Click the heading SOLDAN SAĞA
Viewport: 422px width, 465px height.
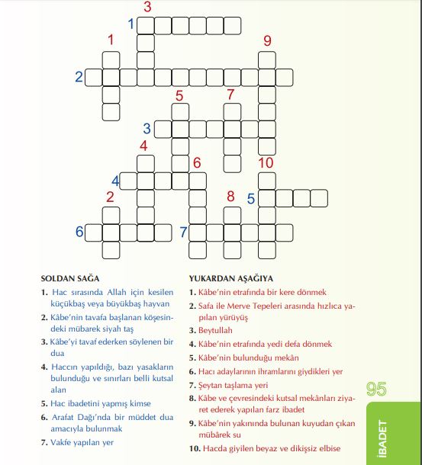tap(70, 279)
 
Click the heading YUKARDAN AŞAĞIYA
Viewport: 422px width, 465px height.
tap(230, 279)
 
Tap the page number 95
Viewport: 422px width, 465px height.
tap(377, 390)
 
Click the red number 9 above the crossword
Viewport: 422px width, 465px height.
tap(267, 40)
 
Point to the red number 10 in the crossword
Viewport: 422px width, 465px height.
tap(266, 162)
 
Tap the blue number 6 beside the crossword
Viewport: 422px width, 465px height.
tap(79, 232)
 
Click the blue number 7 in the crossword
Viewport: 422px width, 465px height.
tap(183, 232)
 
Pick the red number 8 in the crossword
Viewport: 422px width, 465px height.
tap(230, 196)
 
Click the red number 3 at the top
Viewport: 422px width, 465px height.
tap(147, 8)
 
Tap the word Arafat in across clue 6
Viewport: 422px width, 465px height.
tap(66, 417)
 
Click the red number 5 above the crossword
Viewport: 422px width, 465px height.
tap(179, 95)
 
